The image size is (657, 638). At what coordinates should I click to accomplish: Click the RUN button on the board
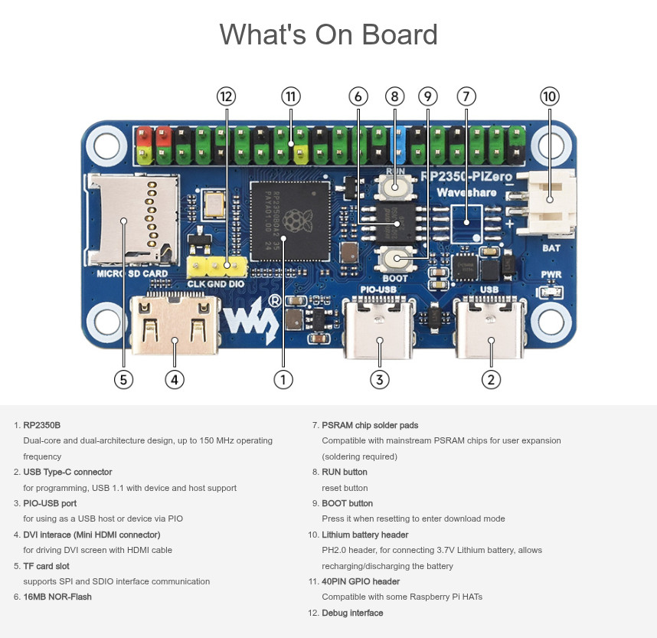(x=395, y=185)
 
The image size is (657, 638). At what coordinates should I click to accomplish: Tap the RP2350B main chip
(x=283, y=220)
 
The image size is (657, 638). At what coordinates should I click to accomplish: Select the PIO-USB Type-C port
(x=379, y=331)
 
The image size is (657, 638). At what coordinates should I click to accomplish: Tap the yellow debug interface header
(x=217, y=267)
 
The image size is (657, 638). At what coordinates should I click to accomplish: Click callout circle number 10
(x=550, y=96)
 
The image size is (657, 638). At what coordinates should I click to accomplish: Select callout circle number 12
(x=226, y=96)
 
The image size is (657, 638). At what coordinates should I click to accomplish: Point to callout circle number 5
(x=123, y=378)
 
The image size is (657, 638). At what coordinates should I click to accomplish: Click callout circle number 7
(x=466, y=96)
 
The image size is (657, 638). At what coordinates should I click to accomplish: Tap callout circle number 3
(x=379, y=378)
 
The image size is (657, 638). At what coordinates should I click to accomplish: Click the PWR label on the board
(x=551, y=274)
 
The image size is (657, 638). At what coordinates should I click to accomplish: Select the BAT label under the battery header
(x=551, y=247)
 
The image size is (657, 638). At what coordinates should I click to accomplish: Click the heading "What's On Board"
(x=328, y=34)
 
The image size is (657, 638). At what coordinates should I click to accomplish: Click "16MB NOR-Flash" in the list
(x=57, y=597)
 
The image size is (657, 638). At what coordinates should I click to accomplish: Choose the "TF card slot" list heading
(x=47, y=566)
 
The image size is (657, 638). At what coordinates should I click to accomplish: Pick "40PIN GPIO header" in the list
(x=361, y=581)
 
